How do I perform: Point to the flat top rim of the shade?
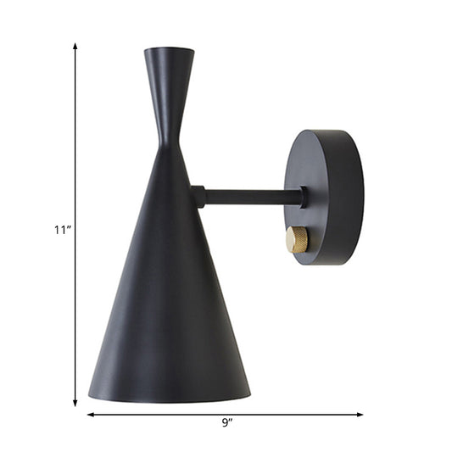pyautogui.click(x=169, y=50)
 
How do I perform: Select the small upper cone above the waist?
pyautogui.click(x=169, y=85)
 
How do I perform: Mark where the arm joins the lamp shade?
pyautogui.click(x=196, y=198)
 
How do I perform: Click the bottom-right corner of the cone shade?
pyautogui.click(x=249, y=393)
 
